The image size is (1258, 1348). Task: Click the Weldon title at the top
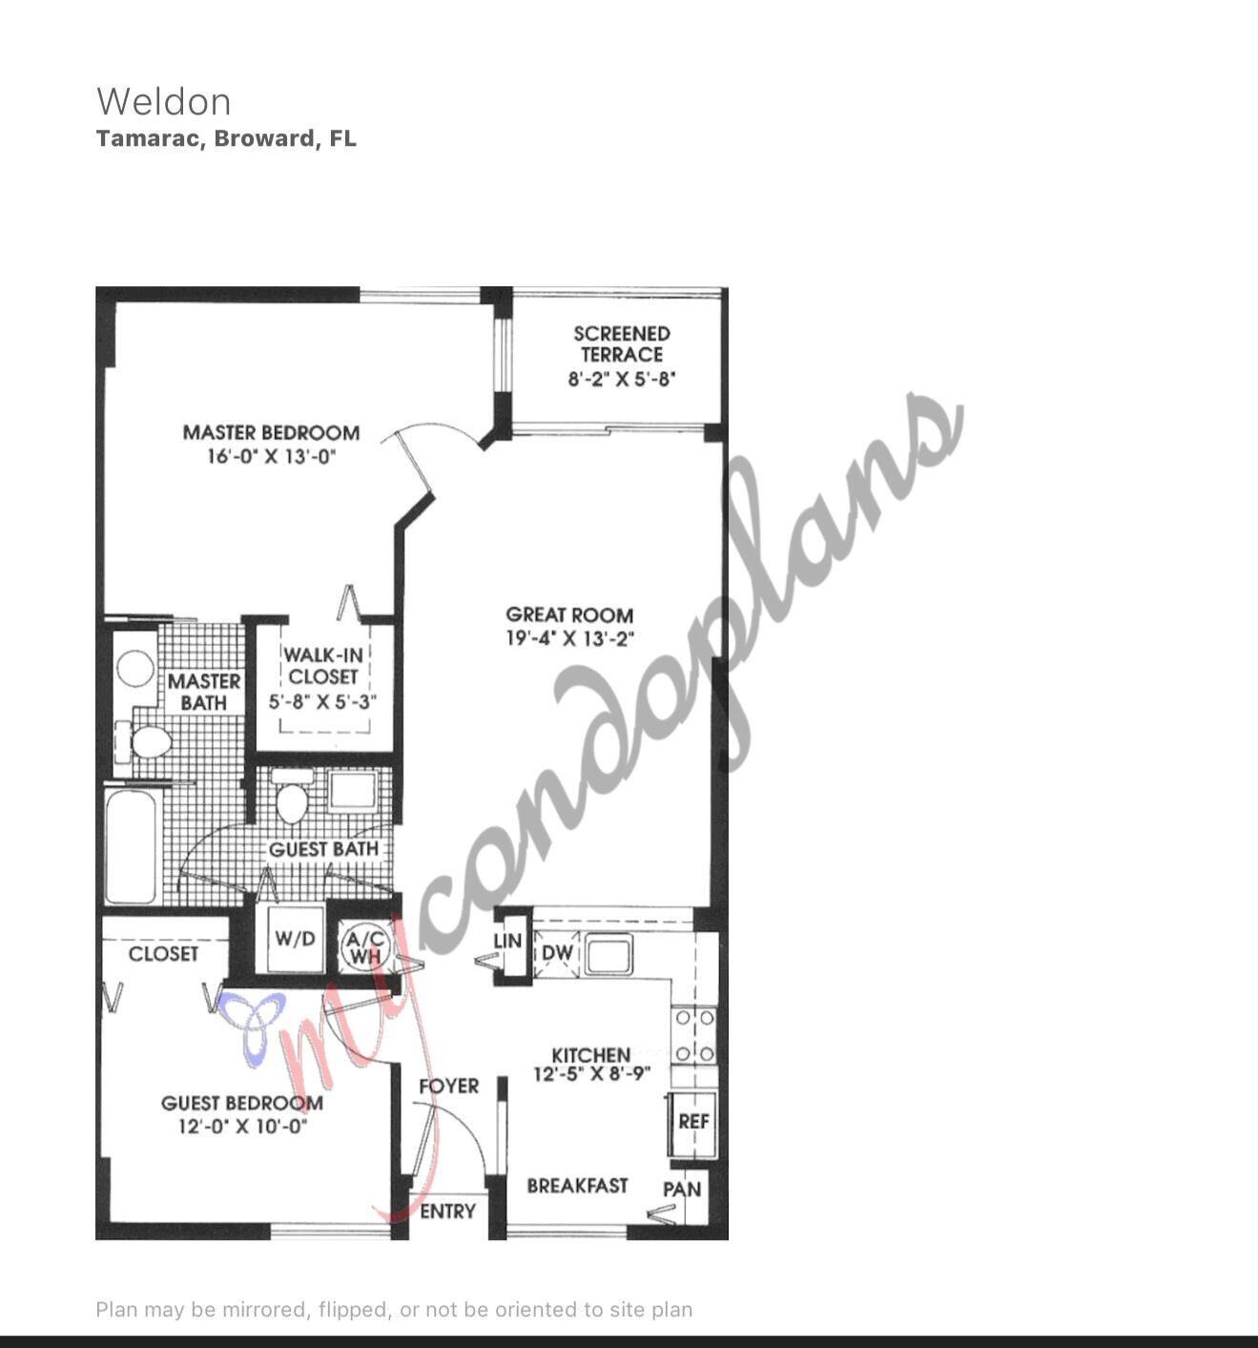[163, 102]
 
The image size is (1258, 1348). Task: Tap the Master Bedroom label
[271, 433]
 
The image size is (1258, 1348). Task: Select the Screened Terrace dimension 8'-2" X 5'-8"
[622, 379]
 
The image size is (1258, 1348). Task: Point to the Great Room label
[569, 615]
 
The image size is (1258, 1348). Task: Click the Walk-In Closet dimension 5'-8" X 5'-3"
[322, 702]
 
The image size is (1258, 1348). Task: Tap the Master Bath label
[204, 692]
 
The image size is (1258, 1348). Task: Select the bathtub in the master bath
[131, 844]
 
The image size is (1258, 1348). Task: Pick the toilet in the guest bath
[292, 799]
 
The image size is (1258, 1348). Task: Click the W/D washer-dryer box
[295, 939]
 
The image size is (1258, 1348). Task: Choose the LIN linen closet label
[507, 942]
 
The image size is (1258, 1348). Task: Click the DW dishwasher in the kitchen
[557, 953]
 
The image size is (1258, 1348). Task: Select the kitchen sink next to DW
[608, 953]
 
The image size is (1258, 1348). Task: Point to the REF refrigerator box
[693, 1122]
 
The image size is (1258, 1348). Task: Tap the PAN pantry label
[682, 1190]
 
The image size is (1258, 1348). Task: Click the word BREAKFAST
[577, 1186]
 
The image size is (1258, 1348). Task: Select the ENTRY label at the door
[447, 1212]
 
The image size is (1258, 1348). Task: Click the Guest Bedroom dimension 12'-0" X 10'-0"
[242, 1127]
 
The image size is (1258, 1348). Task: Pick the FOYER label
[448, 1087]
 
